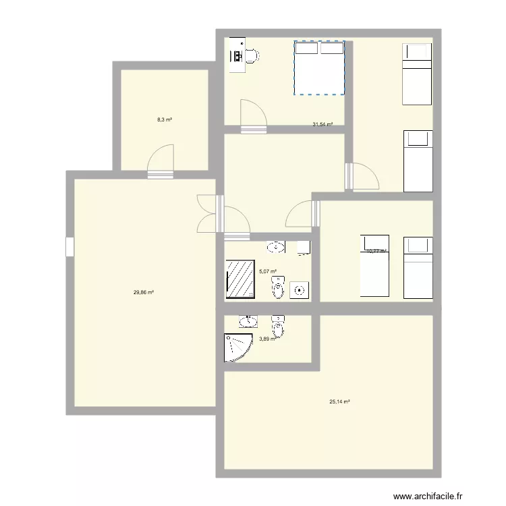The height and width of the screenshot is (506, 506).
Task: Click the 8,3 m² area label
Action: pos(165,119)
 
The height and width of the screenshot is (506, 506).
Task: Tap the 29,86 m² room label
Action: pos(144,292)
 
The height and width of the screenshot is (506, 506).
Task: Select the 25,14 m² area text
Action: pos(339,401)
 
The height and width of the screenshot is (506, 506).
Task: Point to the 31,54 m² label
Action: pos(322,124)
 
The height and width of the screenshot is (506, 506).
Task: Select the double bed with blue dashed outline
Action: pos(319,67)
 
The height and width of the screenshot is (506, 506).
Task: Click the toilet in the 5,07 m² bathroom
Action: pos(278,288)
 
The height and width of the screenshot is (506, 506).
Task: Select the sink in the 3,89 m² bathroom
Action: pos(248,320)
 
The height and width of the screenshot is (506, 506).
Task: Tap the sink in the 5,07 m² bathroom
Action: pos(276,247)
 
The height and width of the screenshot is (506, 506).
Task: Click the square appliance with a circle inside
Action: pos(299,290)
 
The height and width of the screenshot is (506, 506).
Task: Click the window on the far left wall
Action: pos(69,247)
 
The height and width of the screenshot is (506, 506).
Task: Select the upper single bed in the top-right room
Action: pos(416,74)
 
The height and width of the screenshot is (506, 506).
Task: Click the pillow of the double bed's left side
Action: pos(306,49)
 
